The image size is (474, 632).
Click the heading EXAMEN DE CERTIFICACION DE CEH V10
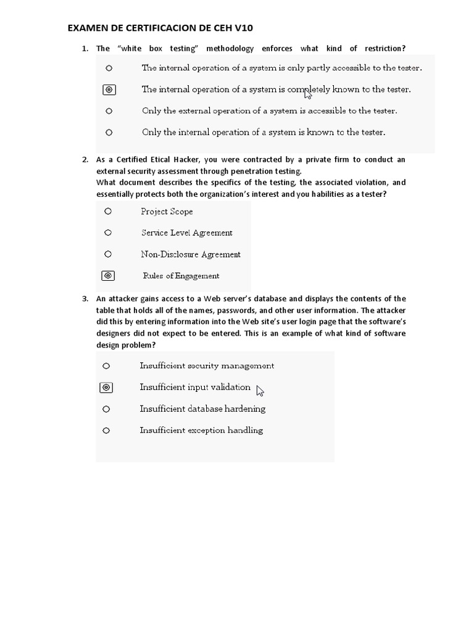pyautogui.click(x=160, y=28)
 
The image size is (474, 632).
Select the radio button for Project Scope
pyautogui.click(x=108, y=212)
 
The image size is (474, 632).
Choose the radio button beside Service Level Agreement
pyautogui.click(x=108, y=233)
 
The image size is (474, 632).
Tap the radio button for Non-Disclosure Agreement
pyautogui.click(x=108, y=254)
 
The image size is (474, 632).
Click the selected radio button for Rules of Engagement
pyautogui.click(x=108, y=276)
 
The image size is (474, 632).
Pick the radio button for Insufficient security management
pyautogui.click(x=106, y=366)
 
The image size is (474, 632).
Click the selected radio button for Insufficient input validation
pyautogui.click(x=106, y=388)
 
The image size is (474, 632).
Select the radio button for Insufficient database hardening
pyautogui.click(x=106, y=409)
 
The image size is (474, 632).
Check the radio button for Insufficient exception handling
pyautogui.click(x=106, y=430)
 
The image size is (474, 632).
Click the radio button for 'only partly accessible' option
pyautogui.click(x=109, y=68)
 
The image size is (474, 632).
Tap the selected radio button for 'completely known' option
pyautogui.click(x=109, y=90)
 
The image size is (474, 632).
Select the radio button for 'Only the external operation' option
pyautogui.click(x=109, y=112)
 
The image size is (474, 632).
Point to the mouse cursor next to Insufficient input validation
pyautogui.click(x=260, y=391)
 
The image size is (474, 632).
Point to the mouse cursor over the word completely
pyautogui.click(x=308, y=94)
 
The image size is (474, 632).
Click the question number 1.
pyautogui.click(x=85, y=49)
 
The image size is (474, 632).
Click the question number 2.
pyautogui.click(x=85, y=160)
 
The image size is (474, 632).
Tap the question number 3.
pyautogui.click(x=85, y=299)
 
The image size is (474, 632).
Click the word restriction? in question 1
pyautogui.click(x=385, y=49)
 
